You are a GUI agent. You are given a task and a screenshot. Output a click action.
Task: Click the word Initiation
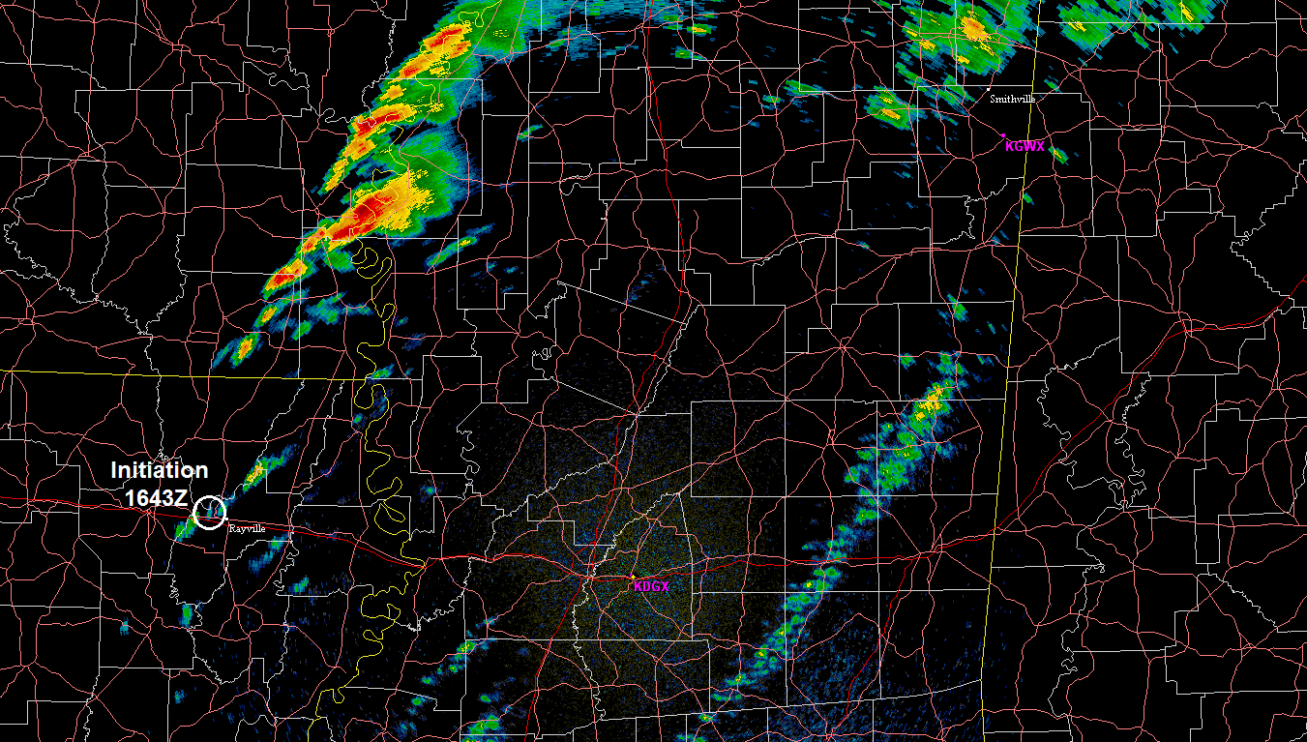click(159, 471)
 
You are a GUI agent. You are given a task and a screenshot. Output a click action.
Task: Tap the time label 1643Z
click(157, 497)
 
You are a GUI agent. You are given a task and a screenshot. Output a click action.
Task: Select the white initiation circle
click(209, 512)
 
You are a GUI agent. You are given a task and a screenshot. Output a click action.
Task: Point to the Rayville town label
click(246, 528)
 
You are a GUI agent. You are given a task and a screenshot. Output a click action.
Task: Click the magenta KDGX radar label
click(651, 586)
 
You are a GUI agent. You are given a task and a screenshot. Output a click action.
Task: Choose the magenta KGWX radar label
click(1025, 146)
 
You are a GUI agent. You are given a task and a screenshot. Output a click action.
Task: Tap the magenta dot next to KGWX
click(1003, 135)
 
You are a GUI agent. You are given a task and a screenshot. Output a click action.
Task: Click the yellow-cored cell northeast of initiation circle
click(255, 474)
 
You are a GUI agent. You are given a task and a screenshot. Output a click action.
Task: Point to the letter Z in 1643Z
click(181, 497)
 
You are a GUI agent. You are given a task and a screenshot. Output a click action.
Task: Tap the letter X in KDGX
click(665, 586)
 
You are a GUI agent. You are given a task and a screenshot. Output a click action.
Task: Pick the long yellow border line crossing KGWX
click(1014, 290)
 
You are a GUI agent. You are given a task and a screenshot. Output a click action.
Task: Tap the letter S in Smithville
click(993, 99)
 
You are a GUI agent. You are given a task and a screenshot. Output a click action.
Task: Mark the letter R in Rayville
click(230, 528)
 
